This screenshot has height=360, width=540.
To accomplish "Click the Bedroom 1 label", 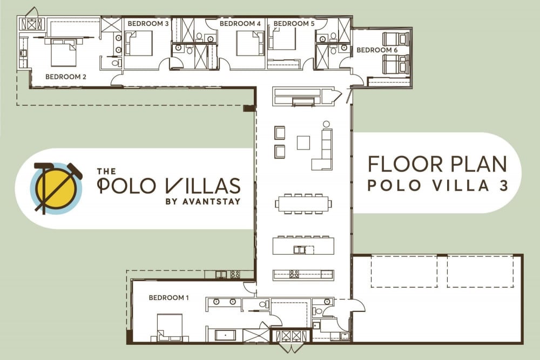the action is pyautogui.click(x=168, y=297).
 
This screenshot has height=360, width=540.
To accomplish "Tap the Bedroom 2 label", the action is pyautogui.click(x=66, y=77).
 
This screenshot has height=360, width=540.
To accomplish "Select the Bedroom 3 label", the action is pyautogui.click(x=148, y=23).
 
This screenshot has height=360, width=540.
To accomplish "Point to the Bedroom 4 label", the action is pyautogui.click(x=240, y=23).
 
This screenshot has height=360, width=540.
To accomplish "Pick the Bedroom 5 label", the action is pyautogui.click(x=294, y=23).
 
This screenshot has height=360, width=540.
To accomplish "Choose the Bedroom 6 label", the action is pyautogui.click(x=377, y=50).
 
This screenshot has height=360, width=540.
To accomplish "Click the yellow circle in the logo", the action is pyautogui.click(x=56, y=188).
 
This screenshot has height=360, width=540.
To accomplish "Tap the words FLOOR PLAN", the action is pyautogui.click(x=437, y=164).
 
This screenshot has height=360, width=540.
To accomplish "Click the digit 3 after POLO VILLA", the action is pyautogui.click(x=504, y=186).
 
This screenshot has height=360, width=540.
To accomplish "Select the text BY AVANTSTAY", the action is pyautogui.click(x=203, y=202).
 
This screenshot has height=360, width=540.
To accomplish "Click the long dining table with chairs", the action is pyautogui.click(x=303, y=203).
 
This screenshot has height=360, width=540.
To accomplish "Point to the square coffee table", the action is pyautogui.click(x=303, y=142).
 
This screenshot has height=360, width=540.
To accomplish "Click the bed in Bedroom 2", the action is pyautogui.click(x=63, y=52).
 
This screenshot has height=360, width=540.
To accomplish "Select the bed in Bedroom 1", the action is pyautogui.click(x=170, y=325).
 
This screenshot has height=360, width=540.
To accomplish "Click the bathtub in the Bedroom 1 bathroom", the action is pyautogui.click(x=226, y=335).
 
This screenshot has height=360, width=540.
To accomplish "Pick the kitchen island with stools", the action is pyautogui.click(x=303, y=245).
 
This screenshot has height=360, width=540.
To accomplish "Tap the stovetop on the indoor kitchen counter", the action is pyautogui.click(x=294, y=274).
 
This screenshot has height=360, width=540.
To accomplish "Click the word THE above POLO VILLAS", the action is pyautogui.click(x=106, y=171).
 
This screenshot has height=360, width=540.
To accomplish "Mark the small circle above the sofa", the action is pyautogui.click(x=326, y=124).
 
